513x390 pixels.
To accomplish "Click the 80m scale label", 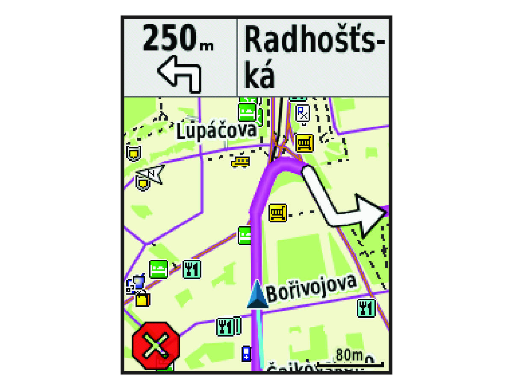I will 349,355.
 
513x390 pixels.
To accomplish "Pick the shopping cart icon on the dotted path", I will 278,213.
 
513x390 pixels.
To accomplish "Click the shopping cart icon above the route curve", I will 305,143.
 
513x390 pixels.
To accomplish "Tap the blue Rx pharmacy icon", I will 303,113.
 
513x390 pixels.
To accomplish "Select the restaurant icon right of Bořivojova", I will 366,308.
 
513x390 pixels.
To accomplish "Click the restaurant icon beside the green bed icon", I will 192,269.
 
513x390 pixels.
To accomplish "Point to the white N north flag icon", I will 150,173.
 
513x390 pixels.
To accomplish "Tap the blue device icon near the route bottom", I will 246,354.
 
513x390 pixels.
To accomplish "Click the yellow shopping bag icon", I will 143,299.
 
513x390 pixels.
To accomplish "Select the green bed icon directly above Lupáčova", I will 247,112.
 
